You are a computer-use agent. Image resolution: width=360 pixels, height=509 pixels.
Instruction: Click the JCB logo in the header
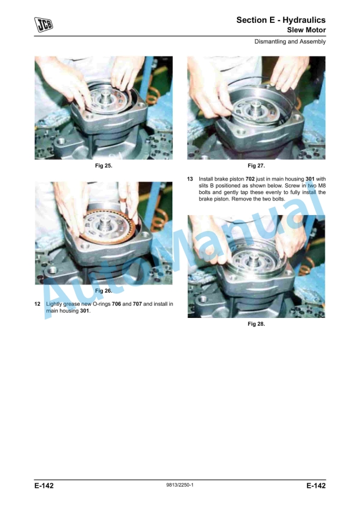(44, 24)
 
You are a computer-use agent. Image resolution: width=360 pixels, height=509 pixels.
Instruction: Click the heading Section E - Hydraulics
(281, 20)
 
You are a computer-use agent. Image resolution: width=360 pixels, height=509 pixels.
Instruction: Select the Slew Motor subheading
(306, 30)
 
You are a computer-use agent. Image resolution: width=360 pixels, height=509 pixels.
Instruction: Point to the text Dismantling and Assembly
(290, 42)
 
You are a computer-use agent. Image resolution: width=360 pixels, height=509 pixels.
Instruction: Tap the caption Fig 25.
(104, 166)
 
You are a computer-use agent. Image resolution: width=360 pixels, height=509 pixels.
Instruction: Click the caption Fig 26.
(104, 291)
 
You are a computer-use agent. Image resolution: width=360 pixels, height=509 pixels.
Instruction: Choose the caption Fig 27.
(256, 166)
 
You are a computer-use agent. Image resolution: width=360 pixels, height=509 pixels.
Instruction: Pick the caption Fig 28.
(256, 324)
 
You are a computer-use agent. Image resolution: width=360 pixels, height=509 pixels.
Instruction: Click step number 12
(38, 304)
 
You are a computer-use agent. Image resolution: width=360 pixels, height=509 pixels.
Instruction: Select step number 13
(190, 179)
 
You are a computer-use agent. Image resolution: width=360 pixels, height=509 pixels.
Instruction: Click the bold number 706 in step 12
(116, 304)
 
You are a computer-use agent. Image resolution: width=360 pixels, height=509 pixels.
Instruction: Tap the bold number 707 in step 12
(138, 304)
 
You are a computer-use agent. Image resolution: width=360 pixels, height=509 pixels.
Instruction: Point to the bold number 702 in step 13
(250, 179)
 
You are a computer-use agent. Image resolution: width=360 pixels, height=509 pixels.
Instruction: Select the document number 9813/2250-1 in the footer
(180, 485)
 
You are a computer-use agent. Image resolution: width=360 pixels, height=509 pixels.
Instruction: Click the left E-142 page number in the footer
(44, 485)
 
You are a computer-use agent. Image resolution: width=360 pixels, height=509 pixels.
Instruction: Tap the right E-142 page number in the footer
(316, 485)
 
